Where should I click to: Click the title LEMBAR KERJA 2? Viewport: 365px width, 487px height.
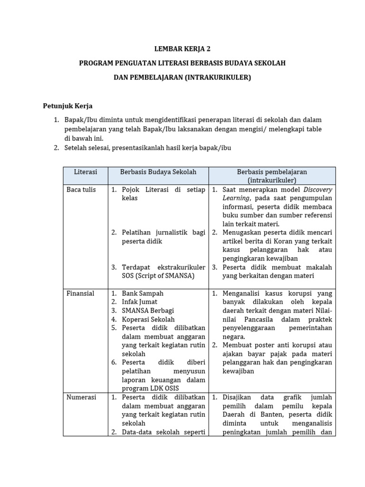(182, 49)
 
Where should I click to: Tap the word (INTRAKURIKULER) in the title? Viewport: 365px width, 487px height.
(215, 77)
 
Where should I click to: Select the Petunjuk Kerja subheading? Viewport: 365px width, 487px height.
(68, 106)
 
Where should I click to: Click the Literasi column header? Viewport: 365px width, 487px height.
(86, 172)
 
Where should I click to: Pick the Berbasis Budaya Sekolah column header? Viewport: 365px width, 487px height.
(158, 172)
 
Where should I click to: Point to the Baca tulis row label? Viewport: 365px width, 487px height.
(81, 190)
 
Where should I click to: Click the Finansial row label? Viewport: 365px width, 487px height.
(81, 293)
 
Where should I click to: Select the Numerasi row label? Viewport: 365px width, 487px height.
(81, 397)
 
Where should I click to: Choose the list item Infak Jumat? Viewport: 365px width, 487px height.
(140, 302)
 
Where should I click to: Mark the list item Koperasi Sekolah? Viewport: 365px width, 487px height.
(148, 320)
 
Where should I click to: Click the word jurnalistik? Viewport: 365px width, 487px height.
(171, 233)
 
